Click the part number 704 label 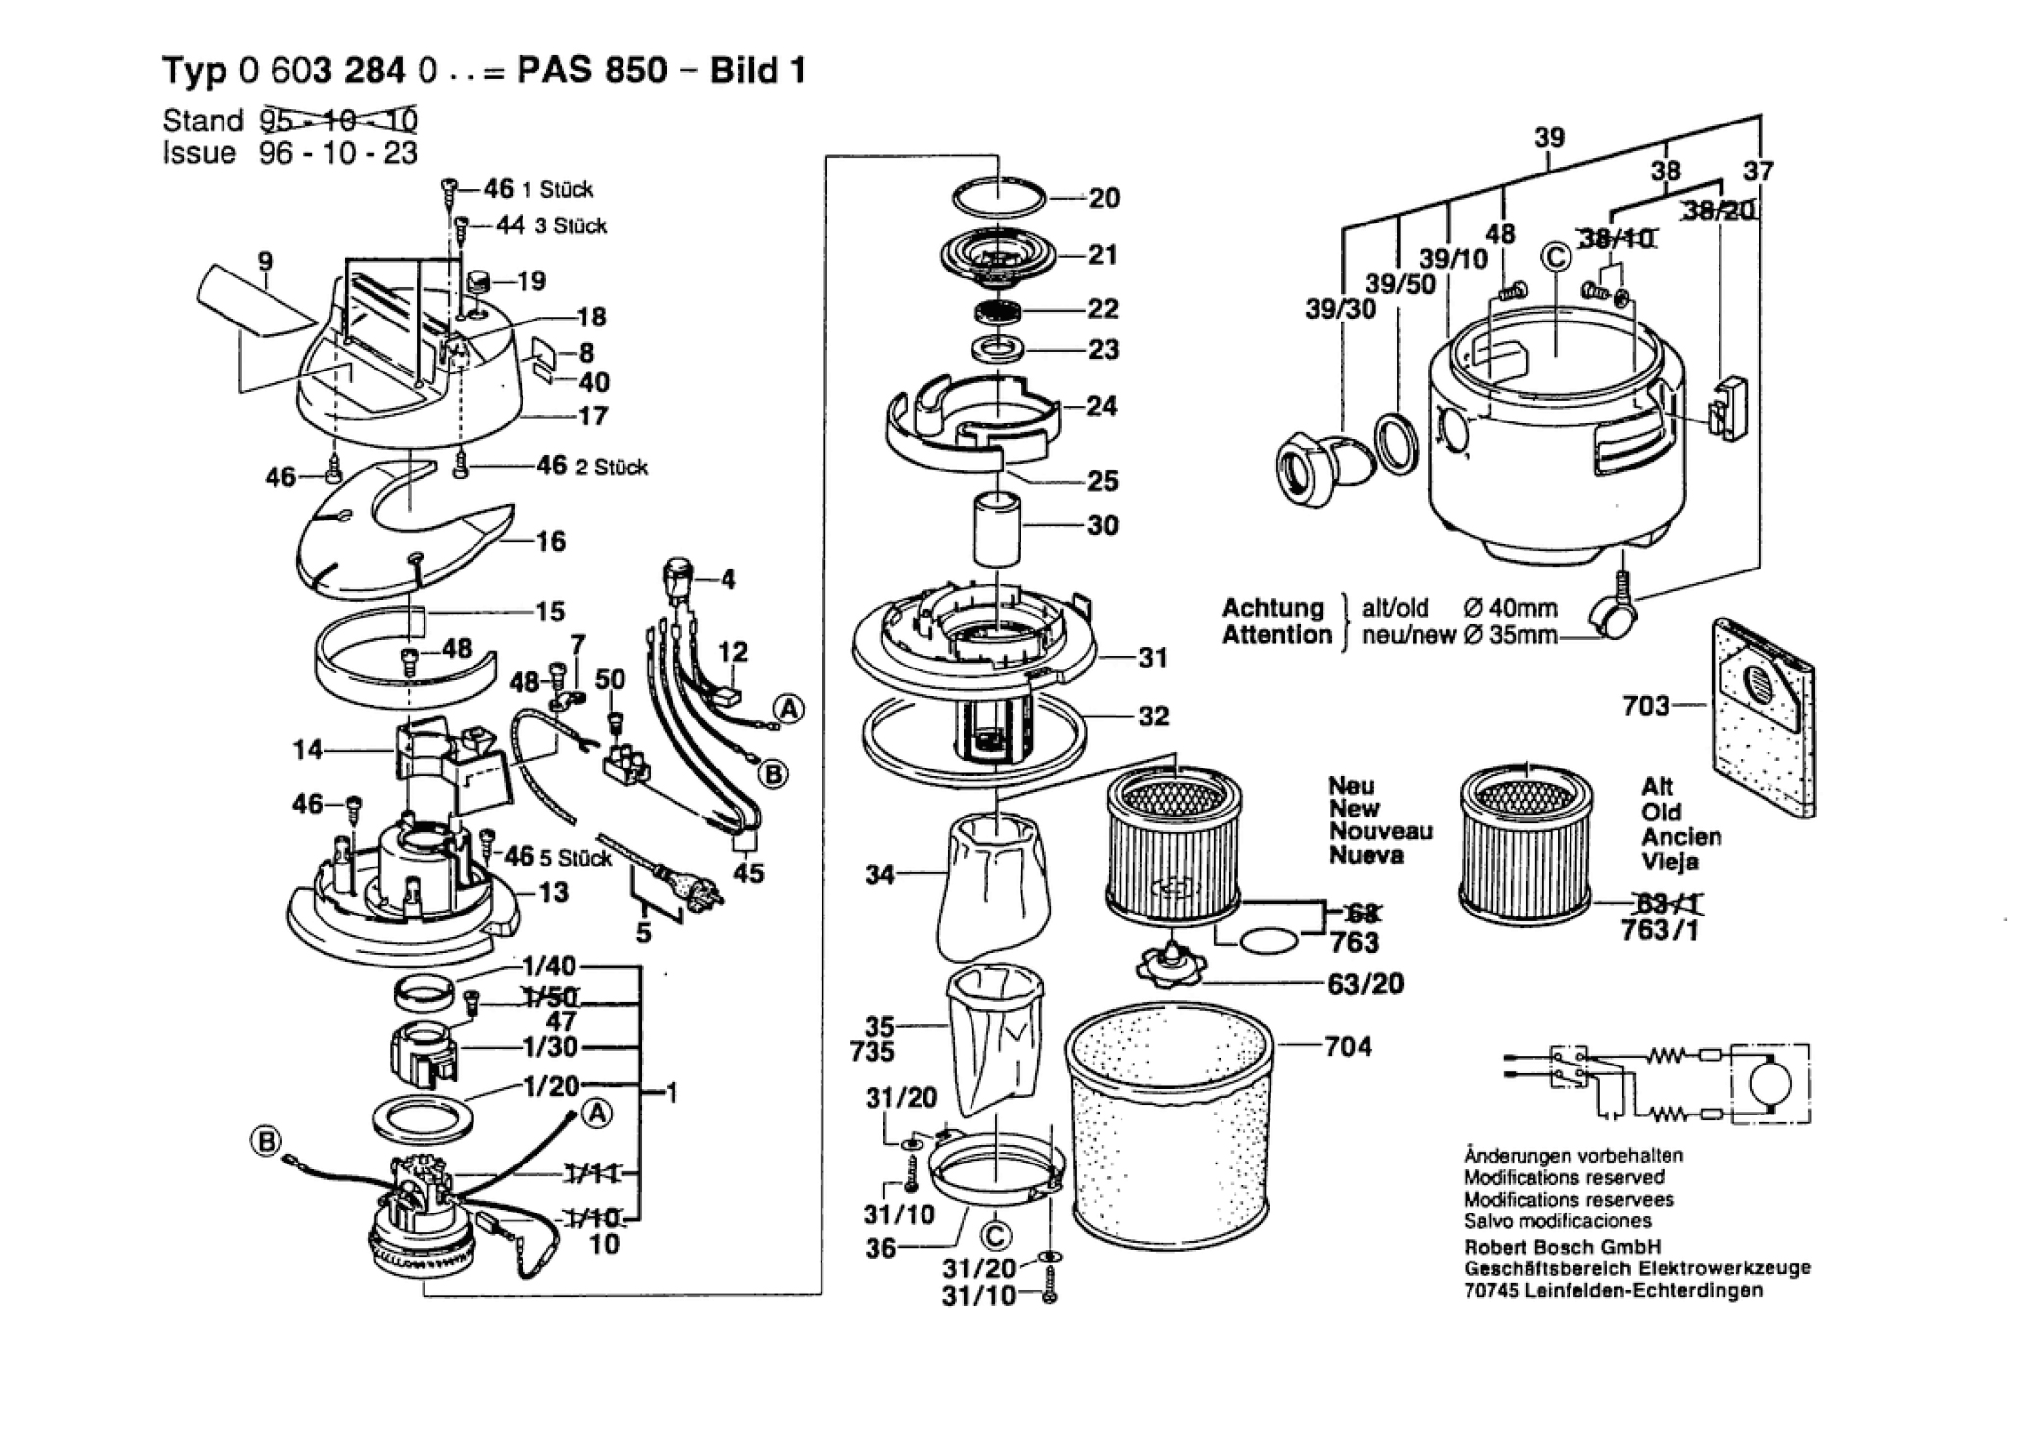pos(1348,1047)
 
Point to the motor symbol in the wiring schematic pos(1770,1083)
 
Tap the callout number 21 pos(1103,255)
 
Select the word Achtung pos(1272,608)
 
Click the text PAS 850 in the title pos(592,71)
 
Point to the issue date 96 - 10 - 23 pos(338,153)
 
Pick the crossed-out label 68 pos(1360,915)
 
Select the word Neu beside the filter pos(1352,785)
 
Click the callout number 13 pos(553,892)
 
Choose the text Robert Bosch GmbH pos(1563,1247)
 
